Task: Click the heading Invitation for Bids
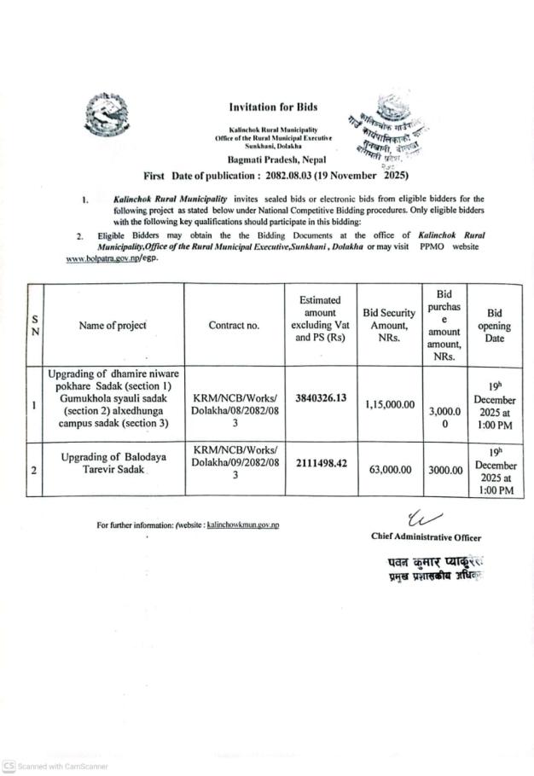pos(273,107)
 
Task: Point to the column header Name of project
pos(113,325)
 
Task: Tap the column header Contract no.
pos(234,325)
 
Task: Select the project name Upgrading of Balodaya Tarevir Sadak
pos(113,463)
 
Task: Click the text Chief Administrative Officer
pos(426,537)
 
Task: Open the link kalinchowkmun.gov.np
pos(243,525)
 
